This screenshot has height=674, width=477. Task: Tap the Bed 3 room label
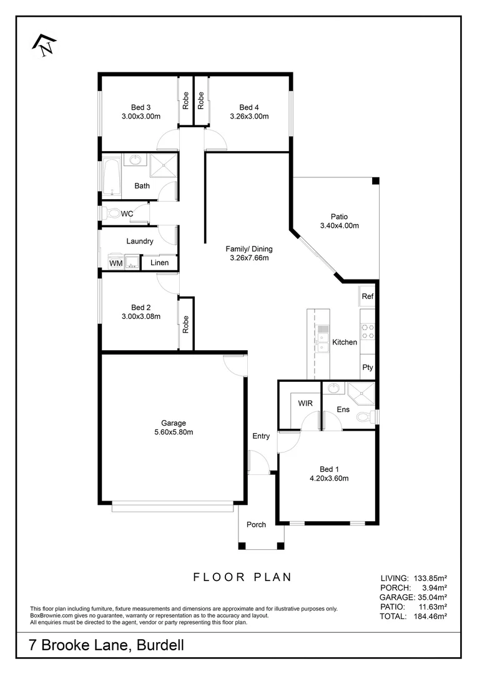[140, 107]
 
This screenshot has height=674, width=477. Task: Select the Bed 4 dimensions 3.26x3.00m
[249, 116]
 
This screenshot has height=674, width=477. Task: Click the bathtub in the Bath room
[111, 177]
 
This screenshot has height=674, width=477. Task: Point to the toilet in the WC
[112, 213]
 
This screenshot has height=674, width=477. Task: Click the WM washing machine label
[116, 263]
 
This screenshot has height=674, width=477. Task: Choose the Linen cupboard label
[159, 263]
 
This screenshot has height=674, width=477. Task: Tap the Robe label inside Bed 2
[186, 324]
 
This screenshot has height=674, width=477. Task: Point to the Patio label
[339, 217]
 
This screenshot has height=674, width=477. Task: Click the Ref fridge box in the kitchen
[367, 296]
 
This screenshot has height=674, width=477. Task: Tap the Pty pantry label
[367, 368]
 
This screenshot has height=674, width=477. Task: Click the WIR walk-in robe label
[305, 403]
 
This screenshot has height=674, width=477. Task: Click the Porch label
[256, 524]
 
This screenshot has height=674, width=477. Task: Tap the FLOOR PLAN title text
[242, 577]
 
